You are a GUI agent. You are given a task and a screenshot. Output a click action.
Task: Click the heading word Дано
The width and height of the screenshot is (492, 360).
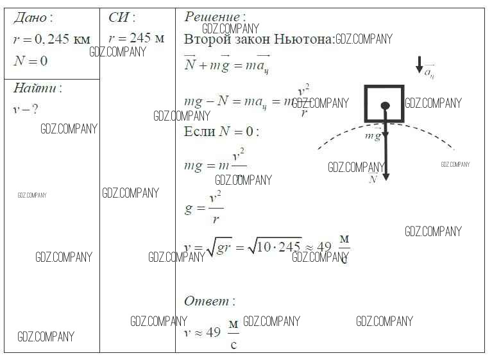[x=30, y=18]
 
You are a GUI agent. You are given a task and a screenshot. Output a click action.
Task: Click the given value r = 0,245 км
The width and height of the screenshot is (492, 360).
[x=51, y=39]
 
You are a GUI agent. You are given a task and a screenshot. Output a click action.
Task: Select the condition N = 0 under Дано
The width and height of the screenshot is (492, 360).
[x=30, y=61]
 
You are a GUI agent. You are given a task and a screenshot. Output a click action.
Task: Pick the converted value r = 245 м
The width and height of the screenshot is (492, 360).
[x=136, y=39]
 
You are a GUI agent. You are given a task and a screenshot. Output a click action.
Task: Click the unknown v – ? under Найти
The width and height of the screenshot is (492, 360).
[x=26, y=109]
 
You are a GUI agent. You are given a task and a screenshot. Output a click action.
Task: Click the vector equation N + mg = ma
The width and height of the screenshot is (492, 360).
[x=226, y=65]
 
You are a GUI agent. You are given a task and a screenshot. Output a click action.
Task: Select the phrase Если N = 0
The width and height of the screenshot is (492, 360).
[x=221, y=132]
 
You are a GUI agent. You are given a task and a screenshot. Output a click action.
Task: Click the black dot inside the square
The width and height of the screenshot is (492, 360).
[x=385, y=106]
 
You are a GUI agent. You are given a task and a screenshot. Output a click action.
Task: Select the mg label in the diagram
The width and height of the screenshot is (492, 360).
[x=373, y=135]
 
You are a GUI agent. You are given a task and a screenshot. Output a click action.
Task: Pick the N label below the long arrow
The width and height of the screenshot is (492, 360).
[x=373, y=180]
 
